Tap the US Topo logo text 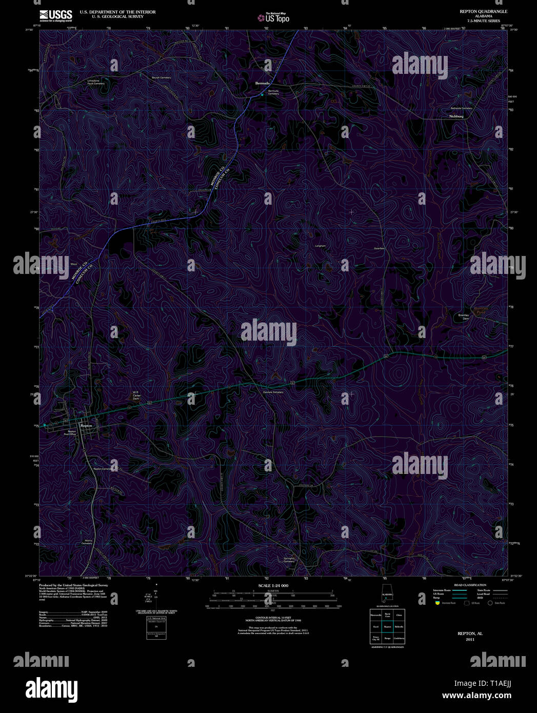(x=277, y=18)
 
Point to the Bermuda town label (x=263, y=83)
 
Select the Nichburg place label (x=456, y=116)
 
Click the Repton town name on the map (x=86, y=426)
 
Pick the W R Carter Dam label (x=136, y=395)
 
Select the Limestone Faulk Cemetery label (x=96, y=82)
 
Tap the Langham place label (x=320, y=246)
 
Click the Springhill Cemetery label (x=289, y=560)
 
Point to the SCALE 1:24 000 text (x=273, y=585)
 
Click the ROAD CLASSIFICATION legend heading (x=470, y=585)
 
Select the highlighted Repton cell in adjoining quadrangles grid (x=387, y=626)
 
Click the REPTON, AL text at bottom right (x=470, y=633)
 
